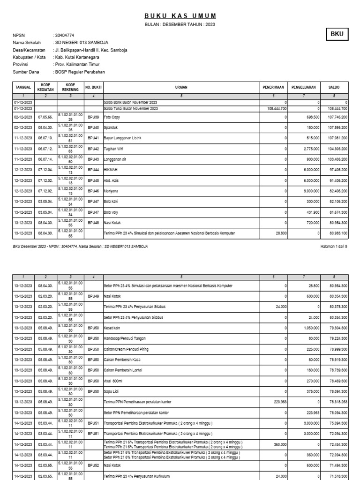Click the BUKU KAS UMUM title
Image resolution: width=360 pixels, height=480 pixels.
[x=180, y=15]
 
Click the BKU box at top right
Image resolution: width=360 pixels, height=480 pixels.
[x=337, y=34]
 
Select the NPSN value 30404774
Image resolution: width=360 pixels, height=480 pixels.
[x=65, y=35]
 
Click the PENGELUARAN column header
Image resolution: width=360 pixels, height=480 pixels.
[x=303, y=87]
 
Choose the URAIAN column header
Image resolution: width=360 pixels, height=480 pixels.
[x=181, y=87]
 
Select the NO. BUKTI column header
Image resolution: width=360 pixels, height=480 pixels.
[x=94, y=87]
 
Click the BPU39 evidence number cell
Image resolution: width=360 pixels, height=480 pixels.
[x=94, y=116]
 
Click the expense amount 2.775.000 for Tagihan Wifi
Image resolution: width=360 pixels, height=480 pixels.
[x=311, y=149]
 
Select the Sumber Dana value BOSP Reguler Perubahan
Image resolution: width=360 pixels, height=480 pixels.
[x=80, y=72]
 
